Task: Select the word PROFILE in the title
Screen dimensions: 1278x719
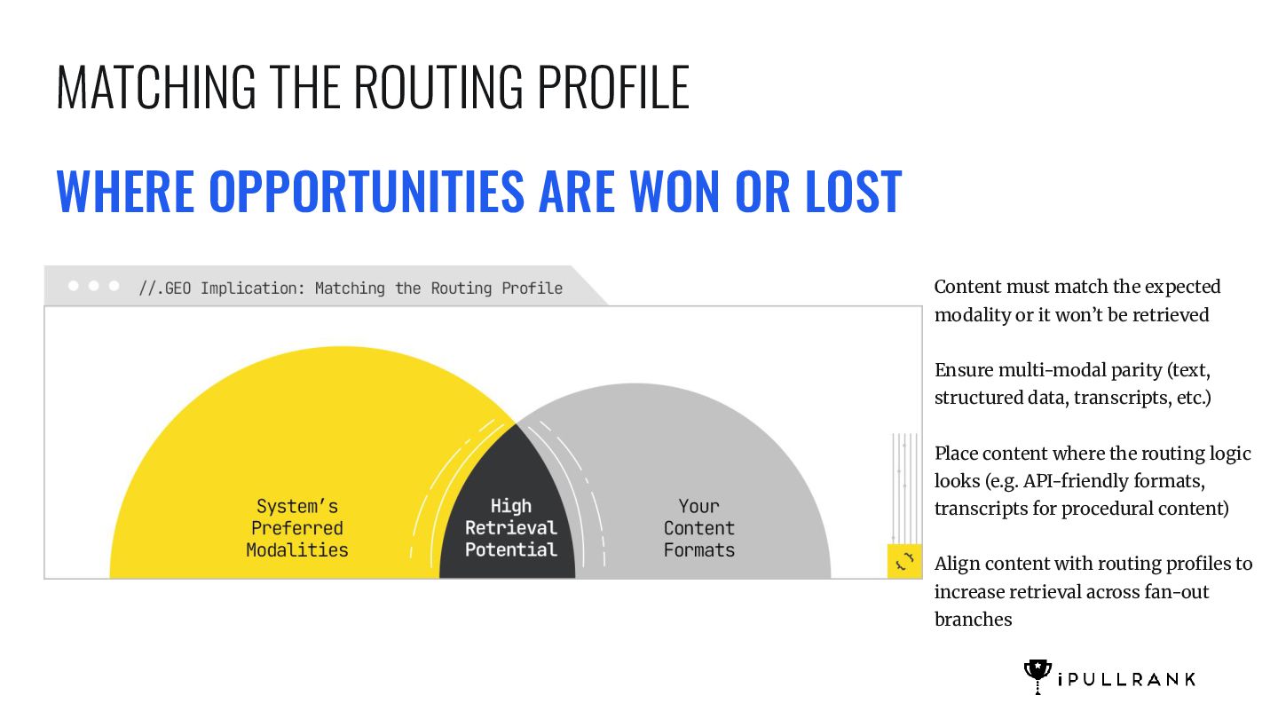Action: pyautogui.click(x=613, y=87)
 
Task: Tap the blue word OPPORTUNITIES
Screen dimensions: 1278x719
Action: pyautogui.click(x=367, y=191)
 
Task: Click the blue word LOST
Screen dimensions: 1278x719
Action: pyautogui.click(x=853, y=191)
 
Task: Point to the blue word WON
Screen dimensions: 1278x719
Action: pyautogui.click(x=674, y=191)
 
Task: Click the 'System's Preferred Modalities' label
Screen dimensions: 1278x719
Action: pyautogui.click(x=297, y=528)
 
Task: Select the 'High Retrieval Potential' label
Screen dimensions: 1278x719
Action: pyautogui.click(x=510, y=528)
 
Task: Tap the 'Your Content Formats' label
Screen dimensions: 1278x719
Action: pyautogui.click(x=699, y=528)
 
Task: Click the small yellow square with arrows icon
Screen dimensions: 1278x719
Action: pyautogui.click(x=904, y=562)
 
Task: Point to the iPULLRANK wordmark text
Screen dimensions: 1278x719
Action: pyautogui.click(x=1126, y=680)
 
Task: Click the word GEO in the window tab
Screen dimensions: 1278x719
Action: pyautogui.click(x=177, y=288)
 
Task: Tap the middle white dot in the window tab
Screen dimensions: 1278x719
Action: pyautogui.click(x=93, y=285)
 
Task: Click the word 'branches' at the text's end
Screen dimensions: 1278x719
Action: pyautogui.click(x=974, y=620)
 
